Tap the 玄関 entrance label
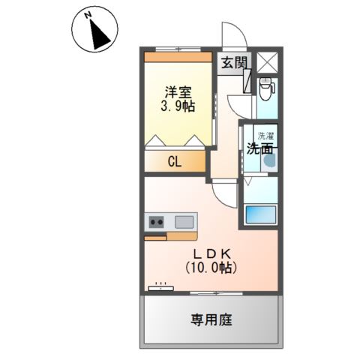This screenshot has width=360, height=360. pos(232,63)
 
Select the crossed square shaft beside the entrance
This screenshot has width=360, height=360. pos(266,61)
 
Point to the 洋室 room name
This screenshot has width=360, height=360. pos(178,92)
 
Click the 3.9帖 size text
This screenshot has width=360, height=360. pos(178,106)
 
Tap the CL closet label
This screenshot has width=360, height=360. pos(173,161)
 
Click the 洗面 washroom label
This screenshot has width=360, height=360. pos(259,148)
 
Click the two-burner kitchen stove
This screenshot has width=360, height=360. pos(157,221)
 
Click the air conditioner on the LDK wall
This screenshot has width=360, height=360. pos(160,286)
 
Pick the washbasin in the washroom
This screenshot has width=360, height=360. pos(268,159)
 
